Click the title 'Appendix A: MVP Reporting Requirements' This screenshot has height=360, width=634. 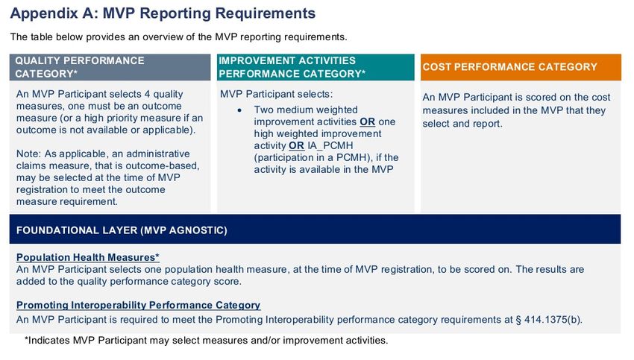[163, 13]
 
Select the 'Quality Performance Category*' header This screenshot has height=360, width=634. [80, 67]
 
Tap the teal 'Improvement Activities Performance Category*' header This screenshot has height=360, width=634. [292, 67]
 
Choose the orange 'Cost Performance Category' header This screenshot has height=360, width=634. [510, 66]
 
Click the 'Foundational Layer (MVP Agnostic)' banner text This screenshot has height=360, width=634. [122, 230]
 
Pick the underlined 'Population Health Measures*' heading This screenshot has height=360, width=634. [88, 257]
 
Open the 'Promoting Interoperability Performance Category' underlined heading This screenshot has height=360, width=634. [138, 305]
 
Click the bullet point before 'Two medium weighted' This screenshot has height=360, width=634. [239, 110]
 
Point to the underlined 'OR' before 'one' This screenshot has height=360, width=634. [367, 121]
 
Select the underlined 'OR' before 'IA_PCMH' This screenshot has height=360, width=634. [296, 145]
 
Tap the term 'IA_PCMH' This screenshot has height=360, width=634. [330, 146]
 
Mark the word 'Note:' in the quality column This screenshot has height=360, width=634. [28, 154]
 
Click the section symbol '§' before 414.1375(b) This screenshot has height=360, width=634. [518, 320]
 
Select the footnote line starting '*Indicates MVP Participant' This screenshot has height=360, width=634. [206, 340]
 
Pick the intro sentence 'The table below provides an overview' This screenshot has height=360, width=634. [179, 37]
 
